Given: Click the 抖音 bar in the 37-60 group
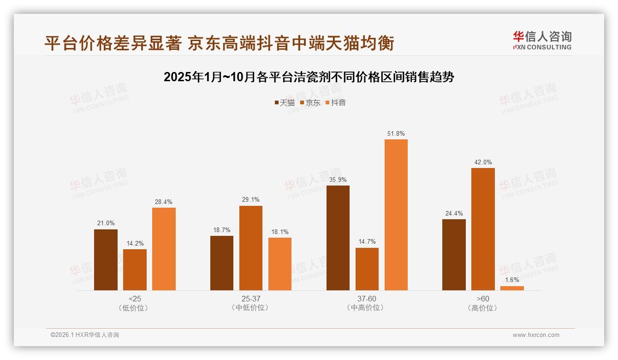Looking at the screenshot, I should [396, 215].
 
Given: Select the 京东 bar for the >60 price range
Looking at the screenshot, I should [483, 229].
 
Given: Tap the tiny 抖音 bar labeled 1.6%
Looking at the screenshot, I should [512, 288].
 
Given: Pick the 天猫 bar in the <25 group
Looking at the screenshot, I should [106, 260].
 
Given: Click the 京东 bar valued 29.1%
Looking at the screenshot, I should [250, 248].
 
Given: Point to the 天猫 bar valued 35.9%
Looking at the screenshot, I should [338, 238].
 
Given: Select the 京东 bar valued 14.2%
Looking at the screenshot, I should [135, 270].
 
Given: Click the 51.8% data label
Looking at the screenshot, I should [396, 134].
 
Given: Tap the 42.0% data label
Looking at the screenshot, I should [483, 162].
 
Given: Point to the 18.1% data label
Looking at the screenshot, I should [279, 232].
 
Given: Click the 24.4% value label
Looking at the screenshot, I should [454, 214].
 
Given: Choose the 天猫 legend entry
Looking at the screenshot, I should [284, 103].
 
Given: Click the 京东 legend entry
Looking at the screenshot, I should [310, 103].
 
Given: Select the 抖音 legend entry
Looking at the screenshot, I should [336, 103].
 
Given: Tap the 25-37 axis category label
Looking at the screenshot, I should [250, 299].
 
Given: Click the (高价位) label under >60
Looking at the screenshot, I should [483, 308].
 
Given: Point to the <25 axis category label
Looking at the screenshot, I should [135, 299].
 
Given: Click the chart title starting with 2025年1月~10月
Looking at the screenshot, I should [309, 77].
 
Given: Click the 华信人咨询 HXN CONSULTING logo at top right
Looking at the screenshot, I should [542, 41].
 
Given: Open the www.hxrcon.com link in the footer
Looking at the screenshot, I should [536, 335].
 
